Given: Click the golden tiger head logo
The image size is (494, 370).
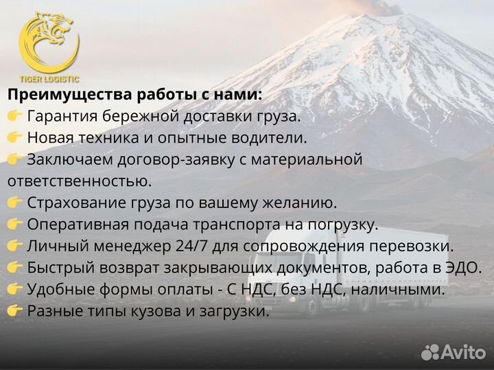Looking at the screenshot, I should pyautogui.click(x=48, y=41).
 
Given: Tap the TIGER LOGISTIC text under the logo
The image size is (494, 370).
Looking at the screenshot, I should pyautogui.click(x=49, y=79).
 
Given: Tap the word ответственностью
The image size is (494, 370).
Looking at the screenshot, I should pyautogui.click(x=80, y=181).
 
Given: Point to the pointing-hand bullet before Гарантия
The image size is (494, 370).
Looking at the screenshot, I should pyautogui.click(x=15, y=116).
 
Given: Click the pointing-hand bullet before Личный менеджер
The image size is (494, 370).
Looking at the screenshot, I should pyautogui.click(x=15, y=246).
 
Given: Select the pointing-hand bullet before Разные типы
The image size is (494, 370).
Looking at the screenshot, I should pyautogui.click(x=15, y=311).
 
